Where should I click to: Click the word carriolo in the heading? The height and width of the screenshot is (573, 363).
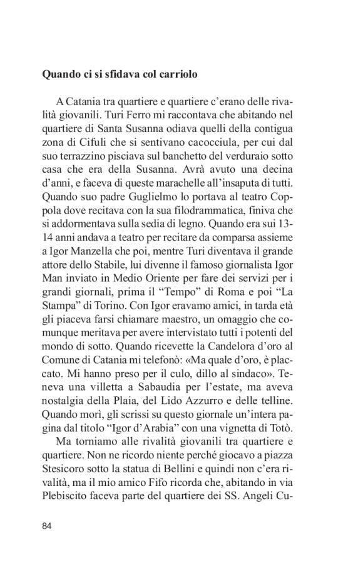pos(178,74)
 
